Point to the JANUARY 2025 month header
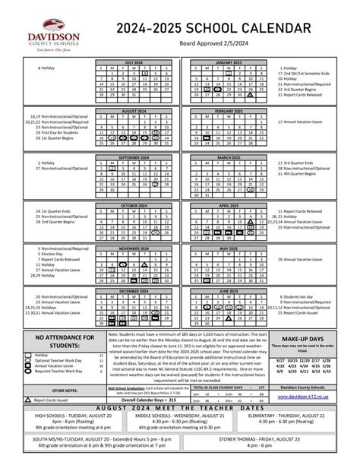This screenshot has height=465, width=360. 228,62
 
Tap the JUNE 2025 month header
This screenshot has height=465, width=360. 228,290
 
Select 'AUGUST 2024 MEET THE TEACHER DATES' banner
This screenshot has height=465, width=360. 180,407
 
